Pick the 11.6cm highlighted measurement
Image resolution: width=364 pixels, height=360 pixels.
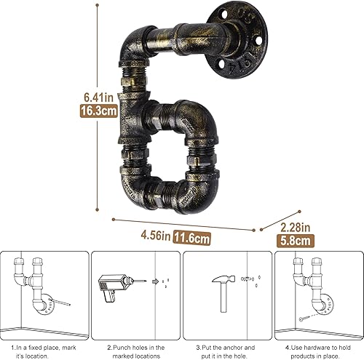[x=191, y=236]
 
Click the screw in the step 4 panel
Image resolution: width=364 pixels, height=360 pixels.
[x=305, y=317]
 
